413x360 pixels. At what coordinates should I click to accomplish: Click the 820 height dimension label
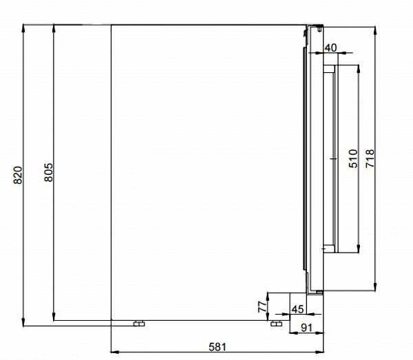coord(18,175)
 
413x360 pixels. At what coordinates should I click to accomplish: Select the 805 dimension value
coord(48,173)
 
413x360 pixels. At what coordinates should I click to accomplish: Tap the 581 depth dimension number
coord(218,347)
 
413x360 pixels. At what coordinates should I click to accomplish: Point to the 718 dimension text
coord(370,158)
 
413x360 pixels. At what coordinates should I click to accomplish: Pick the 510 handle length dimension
coord(353,158)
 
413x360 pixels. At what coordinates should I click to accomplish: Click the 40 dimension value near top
coord(330,47)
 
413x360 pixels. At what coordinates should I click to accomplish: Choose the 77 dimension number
coord(263,307)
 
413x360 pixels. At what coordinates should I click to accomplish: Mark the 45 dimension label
coord(297,309)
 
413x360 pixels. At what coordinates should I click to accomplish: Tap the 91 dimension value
coord(306,328)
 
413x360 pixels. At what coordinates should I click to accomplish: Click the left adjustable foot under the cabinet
coord(139,324)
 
